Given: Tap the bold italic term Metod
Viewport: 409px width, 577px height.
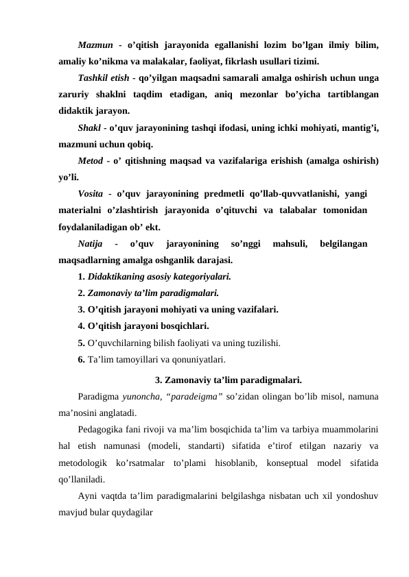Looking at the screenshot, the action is [x=91, y=160].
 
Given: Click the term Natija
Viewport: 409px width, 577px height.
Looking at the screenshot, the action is [x=91, y=243].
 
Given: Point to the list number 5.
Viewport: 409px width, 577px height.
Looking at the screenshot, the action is [x=82, y=343].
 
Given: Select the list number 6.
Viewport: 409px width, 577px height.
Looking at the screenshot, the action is [x=82, y=359].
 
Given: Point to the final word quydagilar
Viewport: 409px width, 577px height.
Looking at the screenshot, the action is [x=129, y=511].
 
